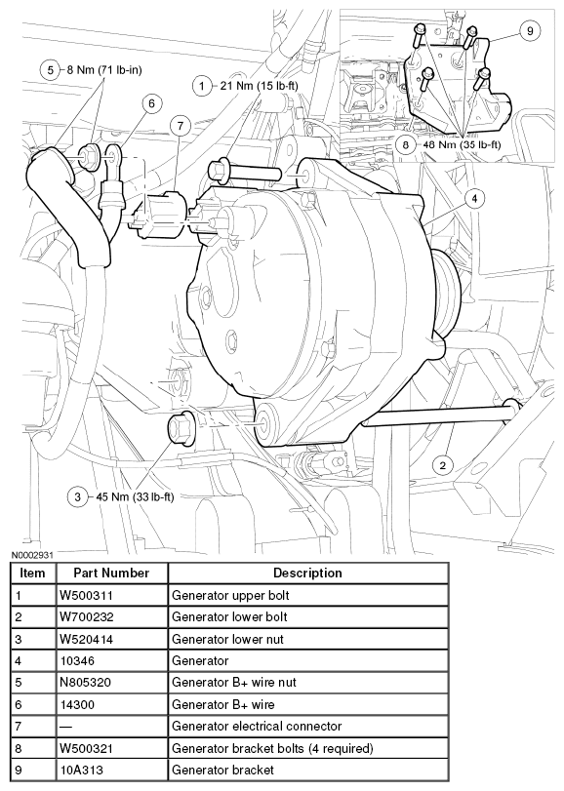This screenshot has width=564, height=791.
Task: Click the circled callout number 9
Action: click(x=530, y=31)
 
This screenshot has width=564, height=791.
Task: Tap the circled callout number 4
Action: click(x=474, y=199)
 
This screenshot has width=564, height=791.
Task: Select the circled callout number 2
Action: click(x=443, y=465)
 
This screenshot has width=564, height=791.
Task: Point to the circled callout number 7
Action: click(x=181, y=126)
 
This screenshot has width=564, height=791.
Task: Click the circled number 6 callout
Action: click(x=151, y=103)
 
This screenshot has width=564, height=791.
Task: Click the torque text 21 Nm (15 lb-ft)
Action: click(x=260, y=86)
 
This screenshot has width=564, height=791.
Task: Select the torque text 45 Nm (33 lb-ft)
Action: click(x=135, y=496)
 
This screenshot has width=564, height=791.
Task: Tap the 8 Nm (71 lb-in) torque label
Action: click(x=104, y=69)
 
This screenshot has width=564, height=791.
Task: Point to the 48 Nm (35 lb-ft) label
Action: click(x=463, y=144)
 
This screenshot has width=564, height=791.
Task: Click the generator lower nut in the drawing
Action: click(x=181, y=429)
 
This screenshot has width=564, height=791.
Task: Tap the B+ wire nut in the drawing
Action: click(x=91, y=154)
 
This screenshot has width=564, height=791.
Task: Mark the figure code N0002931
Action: click(x=32, y=555)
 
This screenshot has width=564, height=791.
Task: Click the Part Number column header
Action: click(x=111, y=573)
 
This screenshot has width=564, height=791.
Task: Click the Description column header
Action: click(x=308, y=573)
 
